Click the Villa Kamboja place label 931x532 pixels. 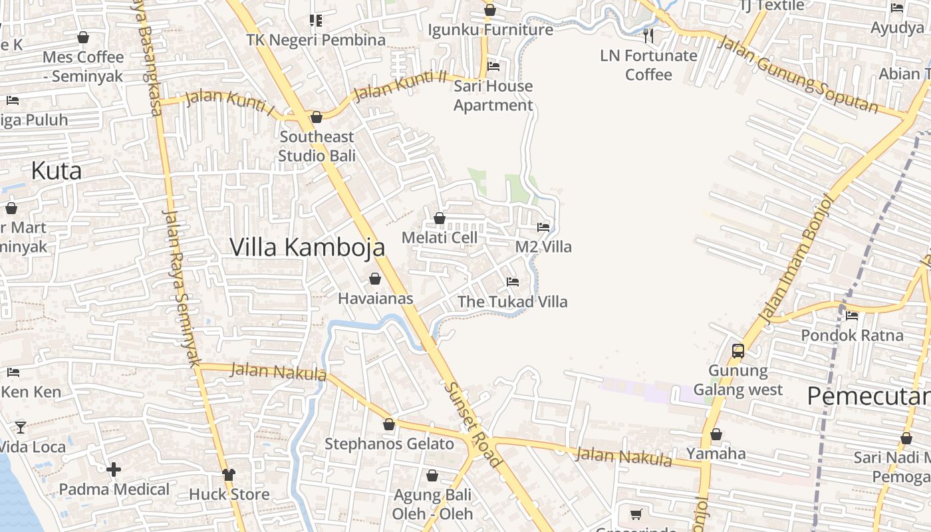point(307,247)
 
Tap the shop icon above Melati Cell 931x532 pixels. point(440,218)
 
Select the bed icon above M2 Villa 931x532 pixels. point(543,227)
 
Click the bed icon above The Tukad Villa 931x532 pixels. point(512,282)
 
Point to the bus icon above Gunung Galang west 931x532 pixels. point(737,351)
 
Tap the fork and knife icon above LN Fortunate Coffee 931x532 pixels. point(648,36)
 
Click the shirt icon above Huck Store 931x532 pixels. point(229,474)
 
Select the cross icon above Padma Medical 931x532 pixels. point(114,469)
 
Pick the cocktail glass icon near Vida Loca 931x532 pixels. point(21,427)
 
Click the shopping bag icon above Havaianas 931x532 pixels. point(375,279)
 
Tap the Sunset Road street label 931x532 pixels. point(472,424)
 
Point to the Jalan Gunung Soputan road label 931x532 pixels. point(798,74)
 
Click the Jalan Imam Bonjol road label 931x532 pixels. point(797,259)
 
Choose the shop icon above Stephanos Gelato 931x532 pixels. point(389,424)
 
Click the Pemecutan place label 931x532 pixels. point(868,396)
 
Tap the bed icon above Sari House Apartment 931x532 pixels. point(493,66)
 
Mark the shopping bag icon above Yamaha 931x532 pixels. point(716,435)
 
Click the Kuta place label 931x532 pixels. point(57,171)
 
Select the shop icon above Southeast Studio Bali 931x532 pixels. point(317,117)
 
